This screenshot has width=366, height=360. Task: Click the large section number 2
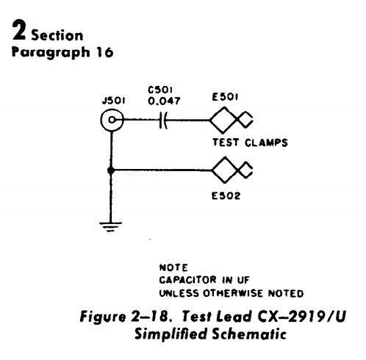19,30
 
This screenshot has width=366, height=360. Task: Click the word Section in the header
57,35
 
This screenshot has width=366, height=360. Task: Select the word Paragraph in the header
51,53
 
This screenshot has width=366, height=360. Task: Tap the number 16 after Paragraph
104,52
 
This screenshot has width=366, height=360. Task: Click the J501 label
113,101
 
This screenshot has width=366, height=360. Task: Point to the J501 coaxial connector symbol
112,120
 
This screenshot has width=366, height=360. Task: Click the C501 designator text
160,90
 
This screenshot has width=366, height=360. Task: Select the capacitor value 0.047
164,101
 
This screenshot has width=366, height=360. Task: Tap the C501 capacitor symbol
163,120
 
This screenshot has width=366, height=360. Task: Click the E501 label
225,97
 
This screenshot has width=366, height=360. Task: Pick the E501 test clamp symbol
232,120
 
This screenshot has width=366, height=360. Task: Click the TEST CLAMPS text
250,143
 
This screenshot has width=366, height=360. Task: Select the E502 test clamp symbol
232,170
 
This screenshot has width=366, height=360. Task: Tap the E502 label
226,196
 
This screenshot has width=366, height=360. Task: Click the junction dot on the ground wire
111,170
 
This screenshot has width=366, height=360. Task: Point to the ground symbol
110,226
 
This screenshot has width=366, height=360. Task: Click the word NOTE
173,267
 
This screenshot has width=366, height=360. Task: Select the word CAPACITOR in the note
187,280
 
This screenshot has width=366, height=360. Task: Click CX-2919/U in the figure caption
301,316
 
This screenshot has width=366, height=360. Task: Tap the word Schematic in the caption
249,334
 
